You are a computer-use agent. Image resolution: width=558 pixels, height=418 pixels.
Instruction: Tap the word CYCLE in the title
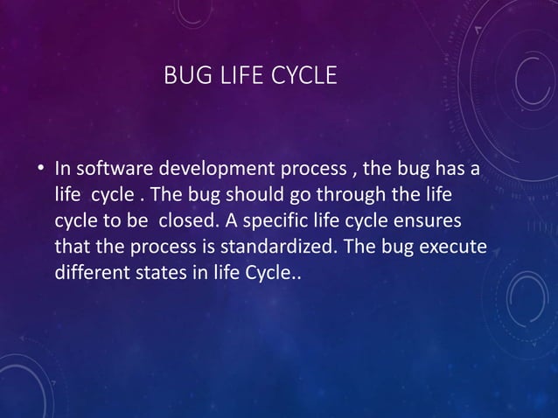pos(303,77)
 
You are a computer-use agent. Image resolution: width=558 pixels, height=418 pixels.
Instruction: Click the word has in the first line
pos(450,167)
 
